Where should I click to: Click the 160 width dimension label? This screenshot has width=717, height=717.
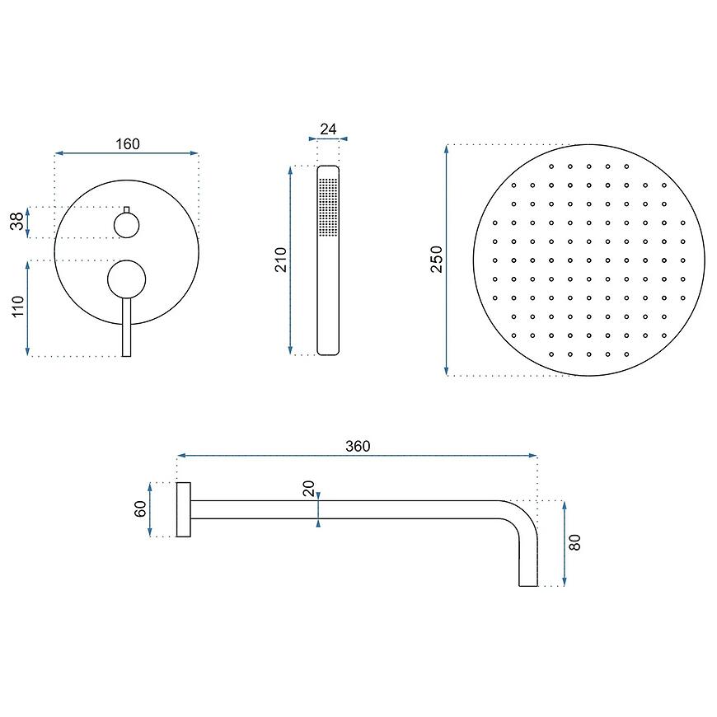click(128, 144)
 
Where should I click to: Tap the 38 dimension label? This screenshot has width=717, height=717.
click(17, 222)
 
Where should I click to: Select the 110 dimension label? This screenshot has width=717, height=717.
click(17, 307)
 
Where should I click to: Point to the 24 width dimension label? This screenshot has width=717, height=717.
click(328, 129)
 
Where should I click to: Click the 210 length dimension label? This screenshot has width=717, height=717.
click(280, 260)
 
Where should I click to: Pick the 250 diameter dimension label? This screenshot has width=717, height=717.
click(437, 260)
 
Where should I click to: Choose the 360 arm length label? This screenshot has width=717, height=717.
click(358, 447)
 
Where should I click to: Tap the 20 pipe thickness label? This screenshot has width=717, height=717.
click(309, 489)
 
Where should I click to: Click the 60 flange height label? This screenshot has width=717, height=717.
click(140, 509)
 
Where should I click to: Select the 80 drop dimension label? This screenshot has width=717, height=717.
click(574, 542)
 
